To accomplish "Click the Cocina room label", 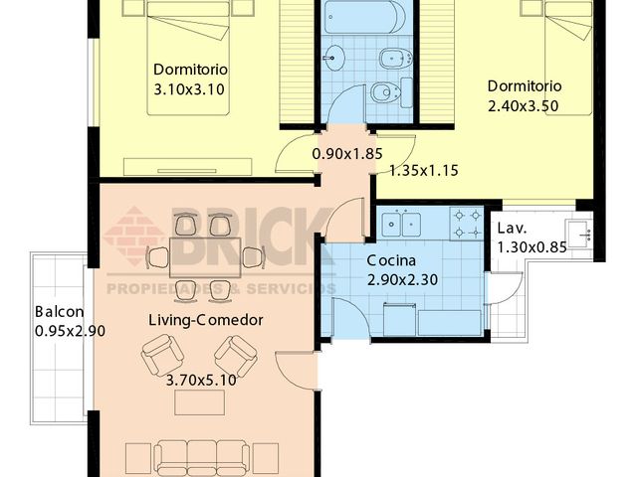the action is point(391,260).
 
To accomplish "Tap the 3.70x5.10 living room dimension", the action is point(201,380).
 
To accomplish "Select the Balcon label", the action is point(60,312).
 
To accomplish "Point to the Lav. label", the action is point(512,229).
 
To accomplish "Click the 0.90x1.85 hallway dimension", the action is point(347,154).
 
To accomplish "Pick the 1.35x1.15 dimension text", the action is point(424,171).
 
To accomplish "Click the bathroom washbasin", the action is point(334,58).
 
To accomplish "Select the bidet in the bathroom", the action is point(396,60).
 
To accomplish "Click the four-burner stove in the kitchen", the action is point(467,224).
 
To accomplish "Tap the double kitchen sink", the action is point(401,224).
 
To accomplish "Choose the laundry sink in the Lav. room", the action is point(579,235).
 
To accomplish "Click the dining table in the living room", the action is point(205,258).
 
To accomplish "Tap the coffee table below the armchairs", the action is point(199,402).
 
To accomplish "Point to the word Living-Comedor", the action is point(206,320).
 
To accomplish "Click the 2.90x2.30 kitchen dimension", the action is point(402,280).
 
